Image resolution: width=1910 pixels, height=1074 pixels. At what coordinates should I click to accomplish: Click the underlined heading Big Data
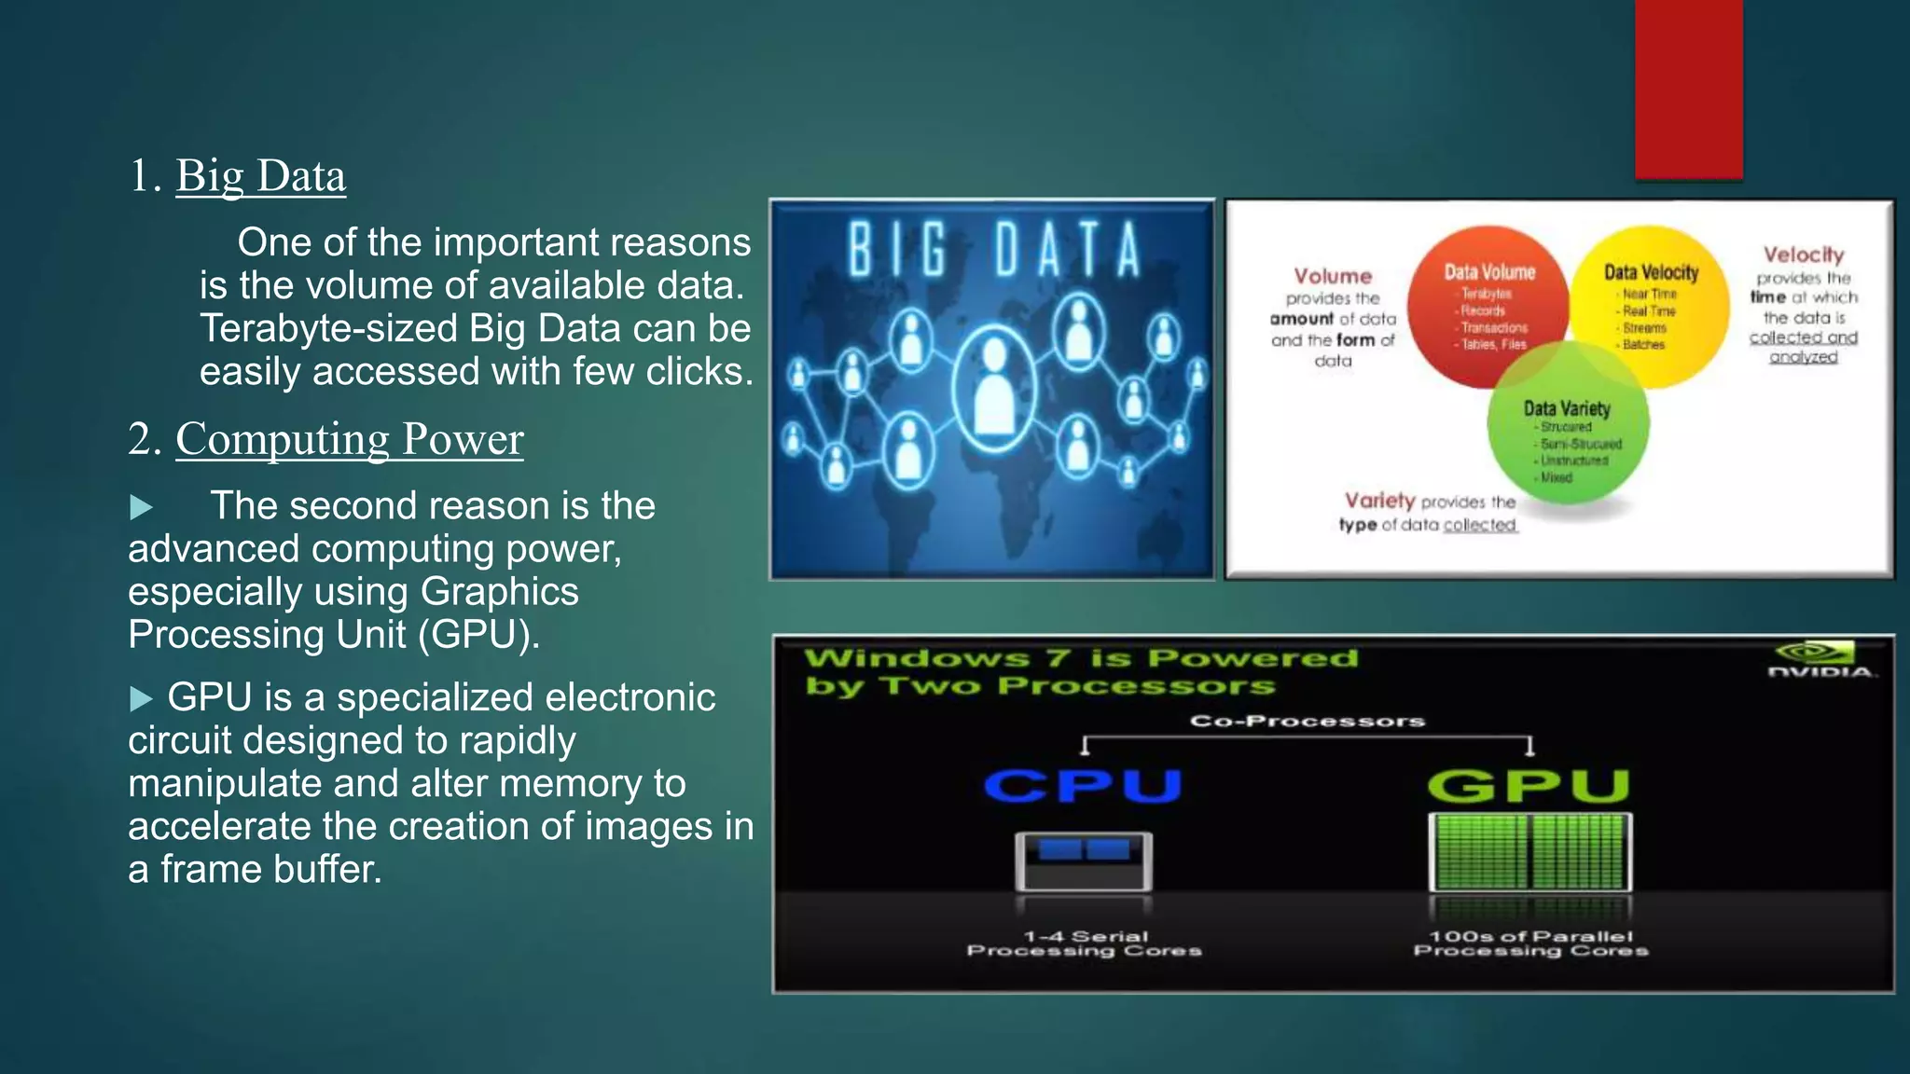(260, 176)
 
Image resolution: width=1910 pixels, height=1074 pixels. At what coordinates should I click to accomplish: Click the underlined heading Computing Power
(349, 439)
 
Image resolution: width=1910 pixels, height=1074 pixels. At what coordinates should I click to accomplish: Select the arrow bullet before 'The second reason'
(141, 507)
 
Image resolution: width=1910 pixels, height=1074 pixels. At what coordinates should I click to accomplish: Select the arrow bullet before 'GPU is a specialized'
(141, 698)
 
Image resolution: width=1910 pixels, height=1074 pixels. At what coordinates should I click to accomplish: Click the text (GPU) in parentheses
(477, 635)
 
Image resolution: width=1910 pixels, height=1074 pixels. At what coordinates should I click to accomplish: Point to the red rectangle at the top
(1688, 89)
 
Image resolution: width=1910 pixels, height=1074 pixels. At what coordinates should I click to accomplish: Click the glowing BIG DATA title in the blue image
(993, 250)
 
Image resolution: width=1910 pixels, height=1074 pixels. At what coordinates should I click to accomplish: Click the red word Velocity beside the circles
(1803, 255)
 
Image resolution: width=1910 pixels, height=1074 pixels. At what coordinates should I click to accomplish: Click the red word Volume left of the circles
(1333, 276)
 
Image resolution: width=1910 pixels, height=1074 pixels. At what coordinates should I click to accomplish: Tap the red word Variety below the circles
(1379, 501)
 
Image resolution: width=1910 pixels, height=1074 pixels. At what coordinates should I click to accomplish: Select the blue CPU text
(1083, 785)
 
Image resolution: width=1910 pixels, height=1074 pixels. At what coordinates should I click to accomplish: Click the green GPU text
(1529, 785)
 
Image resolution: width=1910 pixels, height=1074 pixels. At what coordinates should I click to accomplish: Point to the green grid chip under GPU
(1530, 852)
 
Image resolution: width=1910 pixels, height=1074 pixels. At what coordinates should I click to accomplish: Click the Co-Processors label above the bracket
(1307, 721)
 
